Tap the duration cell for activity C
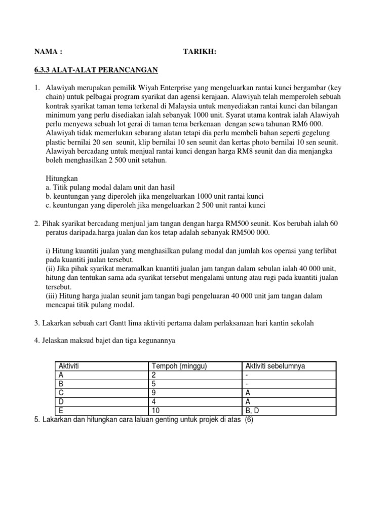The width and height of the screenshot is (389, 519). [x=153, y=392]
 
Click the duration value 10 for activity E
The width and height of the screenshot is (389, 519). [x=155, y=411]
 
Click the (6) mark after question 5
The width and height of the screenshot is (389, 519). [x=249, y=420]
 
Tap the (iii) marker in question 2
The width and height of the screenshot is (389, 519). [x=51, y=295]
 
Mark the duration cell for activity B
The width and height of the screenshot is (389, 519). [x=153, y=384]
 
